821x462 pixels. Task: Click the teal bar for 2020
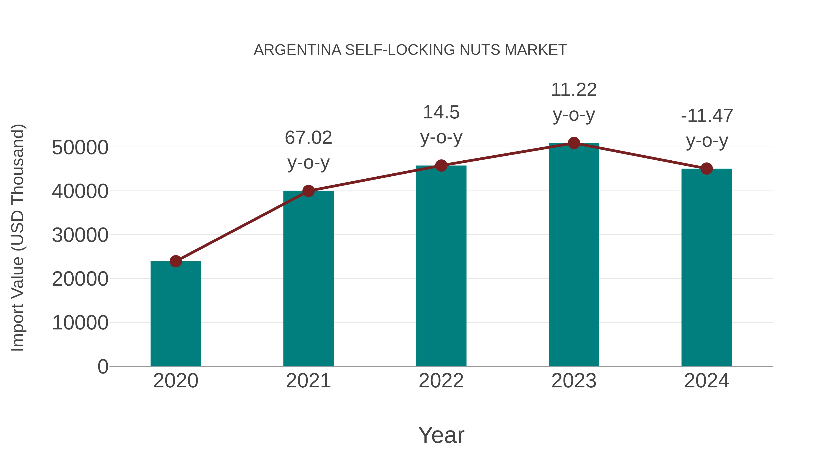click(176, 314)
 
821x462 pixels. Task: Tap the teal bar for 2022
click(441, 266)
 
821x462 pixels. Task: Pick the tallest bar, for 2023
click(574, 255)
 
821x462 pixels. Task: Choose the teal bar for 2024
click(707, 268)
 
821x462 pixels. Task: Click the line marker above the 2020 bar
click(176, 261)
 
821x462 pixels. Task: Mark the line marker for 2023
click(574, 143)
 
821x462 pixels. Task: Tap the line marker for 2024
click(707, 169)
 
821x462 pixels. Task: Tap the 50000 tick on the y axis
click(80, 148)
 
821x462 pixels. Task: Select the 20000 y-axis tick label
click(80, 279)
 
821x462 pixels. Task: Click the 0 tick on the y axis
click(103, 367)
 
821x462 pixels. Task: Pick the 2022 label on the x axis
click(441, 381)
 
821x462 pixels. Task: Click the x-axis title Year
click(441, 435)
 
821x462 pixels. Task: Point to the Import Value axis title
click(18, 238)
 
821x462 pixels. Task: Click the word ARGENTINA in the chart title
click(297, 50)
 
